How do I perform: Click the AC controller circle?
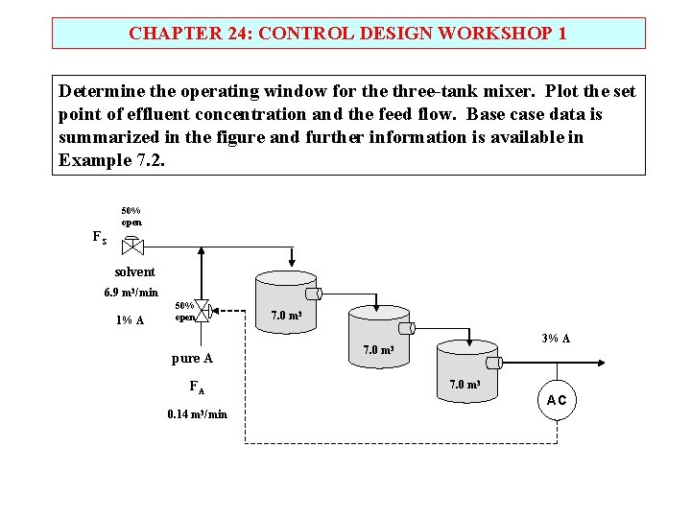(557, 400)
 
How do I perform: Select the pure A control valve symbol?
(202, 310)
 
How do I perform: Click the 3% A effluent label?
(556, 338)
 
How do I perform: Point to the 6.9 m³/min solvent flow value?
(131, 293)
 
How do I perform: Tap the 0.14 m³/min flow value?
(197, 414)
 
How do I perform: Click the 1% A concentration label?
(130, 320)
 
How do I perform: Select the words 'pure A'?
(192, 359)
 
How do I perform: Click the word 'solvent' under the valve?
(134, 271)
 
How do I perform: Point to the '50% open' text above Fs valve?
(131, 216)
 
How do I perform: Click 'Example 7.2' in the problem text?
(111, 159)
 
